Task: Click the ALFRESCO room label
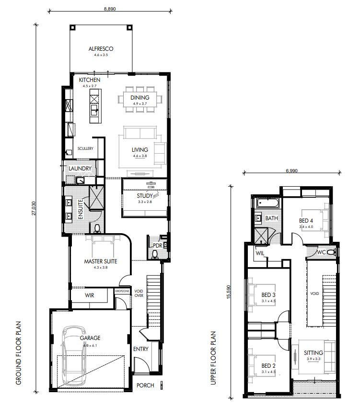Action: click(x=100, y=48)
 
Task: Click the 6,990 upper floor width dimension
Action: click(x=292, y=170)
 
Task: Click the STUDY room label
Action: click(x=144, y=195)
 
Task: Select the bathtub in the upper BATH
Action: click(x=267, y=203)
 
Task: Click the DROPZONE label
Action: click(x=122, y=291)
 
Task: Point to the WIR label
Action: click(x=89, y=295)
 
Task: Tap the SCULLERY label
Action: click(x=85, y=148)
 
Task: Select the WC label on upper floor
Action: click(x=322, y=252)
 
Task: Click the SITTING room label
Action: click(x=314, y=353)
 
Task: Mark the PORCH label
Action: click(x=145, y=385)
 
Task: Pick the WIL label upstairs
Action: click(x=261, y=252)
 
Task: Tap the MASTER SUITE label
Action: click(x=101, y=261)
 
